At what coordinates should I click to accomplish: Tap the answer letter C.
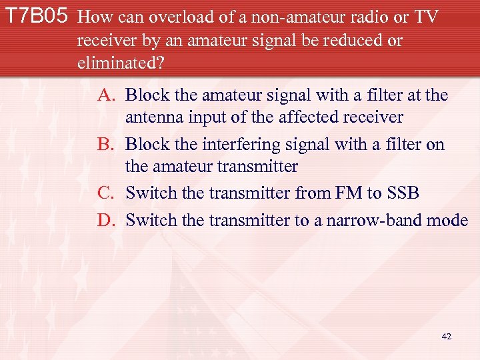point(107,193)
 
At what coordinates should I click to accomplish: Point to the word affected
point(306,117)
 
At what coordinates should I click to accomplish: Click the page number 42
point(446,336)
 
